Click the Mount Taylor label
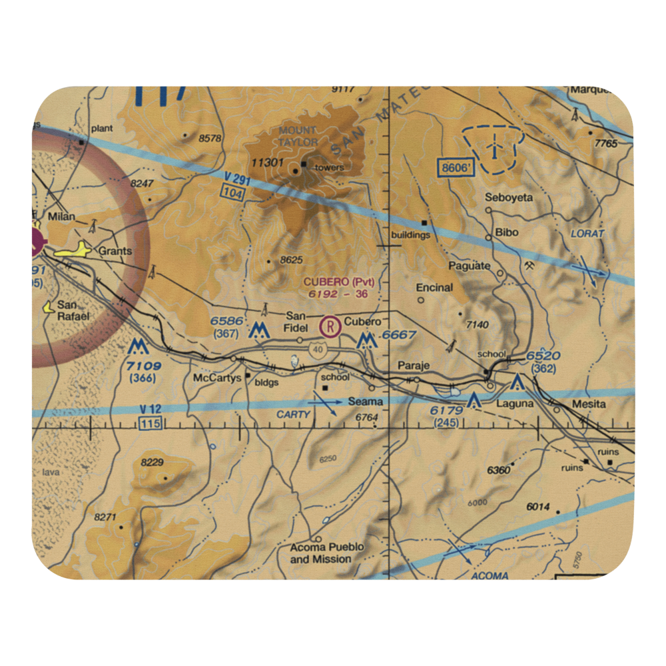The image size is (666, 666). [x=298, y=136]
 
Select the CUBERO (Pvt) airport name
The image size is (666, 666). [x=338, y=282]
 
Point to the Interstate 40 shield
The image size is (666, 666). [x=318, y=349]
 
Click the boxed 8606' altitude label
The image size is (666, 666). [x=456, y=168]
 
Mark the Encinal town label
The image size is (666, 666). [x=434, y=288]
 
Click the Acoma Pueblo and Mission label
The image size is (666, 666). [x=327, y=553]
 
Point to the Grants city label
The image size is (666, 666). [x=115, y=252]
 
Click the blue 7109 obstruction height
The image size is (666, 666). [x=144, y=366]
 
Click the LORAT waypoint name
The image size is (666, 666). [x=587, y=234]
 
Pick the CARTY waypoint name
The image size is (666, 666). [x=294, y=414]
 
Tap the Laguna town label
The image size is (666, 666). [x=515, y=404]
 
